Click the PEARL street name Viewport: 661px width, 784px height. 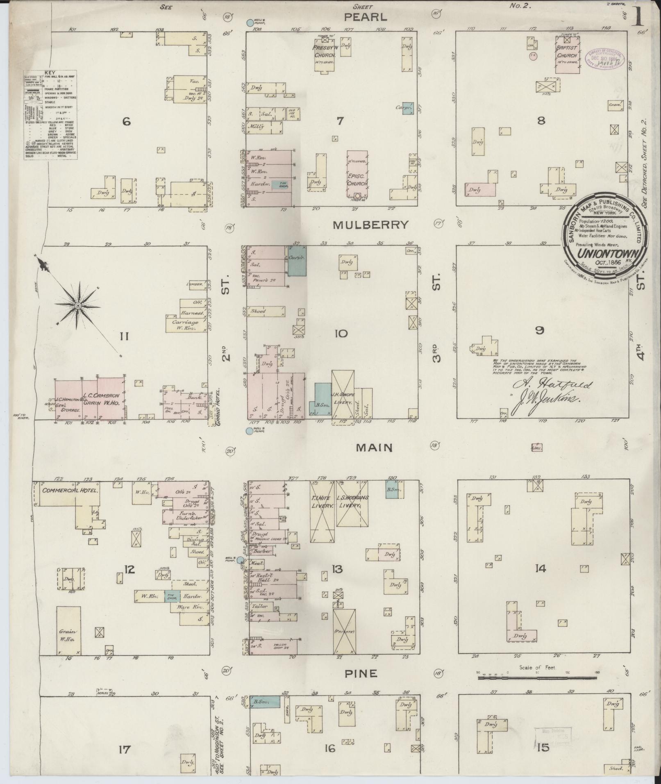(365, 17)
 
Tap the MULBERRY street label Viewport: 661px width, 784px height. (370, 225)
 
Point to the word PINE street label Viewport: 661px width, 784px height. (361, 674)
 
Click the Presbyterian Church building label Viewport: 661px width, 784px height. (325, 52)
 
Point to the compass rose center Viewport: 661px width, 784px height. (77, 306)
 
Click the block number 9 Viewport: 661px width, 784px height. (540, 330)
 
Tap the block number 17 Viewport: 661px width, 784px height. (124, 750)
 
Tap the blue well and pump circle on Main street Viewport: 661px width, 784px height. (249, 431)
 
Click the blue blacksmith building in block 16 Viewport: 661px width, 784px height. (265, 701)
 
